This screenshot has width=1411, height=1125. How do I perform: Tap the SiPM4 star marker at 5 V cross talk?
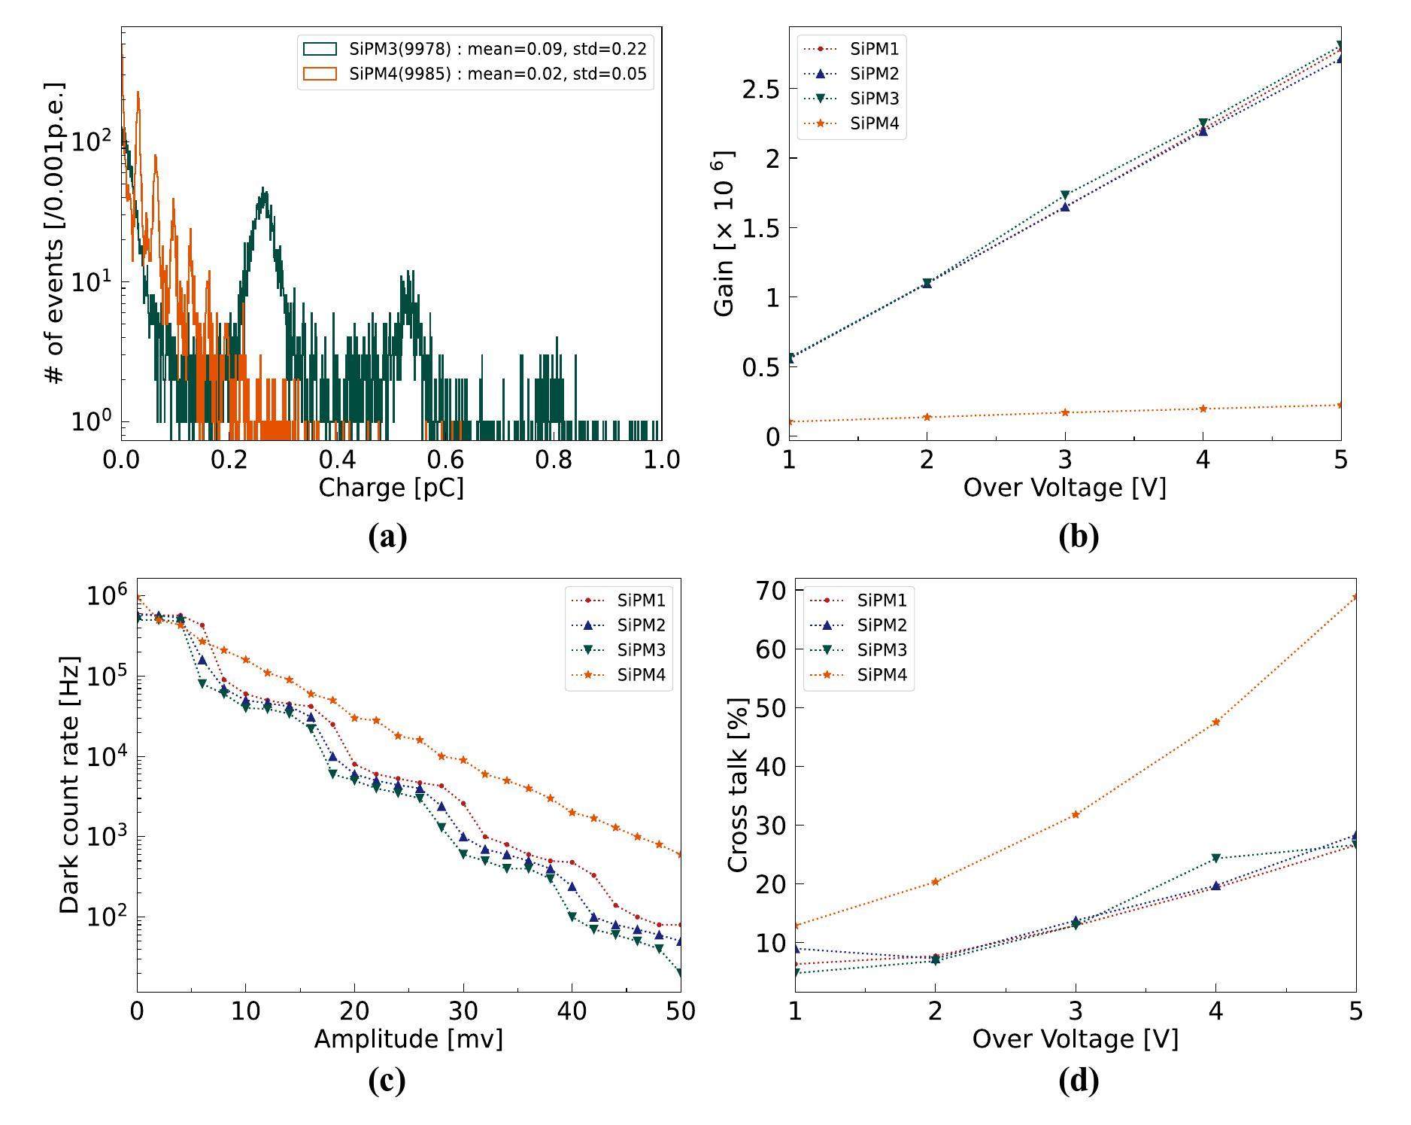(x=1355, y=597)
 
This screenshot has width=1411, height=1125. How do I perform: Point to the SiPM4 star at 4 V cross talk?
(x=1216, y=722)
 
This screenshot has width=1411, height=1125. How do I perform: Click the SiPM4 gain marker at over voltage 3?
(x=1065, y=412)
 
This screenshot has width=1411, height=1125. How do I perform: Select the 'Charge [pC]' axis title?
(x=391, y=488)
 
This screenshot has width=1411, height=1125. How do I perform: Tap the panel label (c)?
(x=387, y=1081)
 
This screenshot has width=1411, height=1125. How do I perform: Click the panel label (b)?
(x=1078, y=537)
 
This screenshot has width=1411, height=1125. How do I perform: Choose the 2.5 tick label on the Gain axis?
(x=759, y=90)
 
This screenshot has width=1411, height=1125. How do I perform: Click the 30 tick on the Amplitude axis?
(x=463, y=1011)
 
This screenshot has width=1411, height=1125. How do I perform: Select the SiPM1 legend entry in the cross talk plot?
(x=881, y=601)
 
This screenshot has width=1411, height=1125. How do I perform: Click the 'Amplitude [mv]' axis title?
(x=408, y=1039)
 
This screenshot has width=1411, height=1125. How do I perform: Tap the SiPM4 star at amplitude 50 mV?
(x=680, y=855)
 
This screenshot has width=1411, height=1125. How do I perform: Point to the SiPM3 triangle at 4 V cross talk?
(x=1216, y=859)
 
